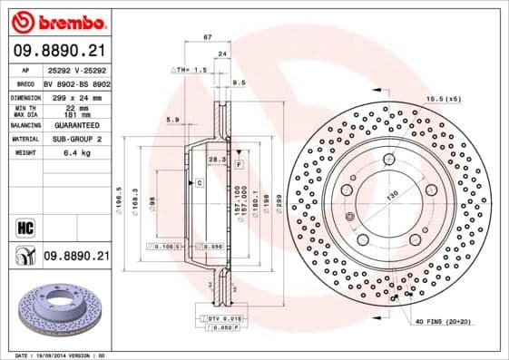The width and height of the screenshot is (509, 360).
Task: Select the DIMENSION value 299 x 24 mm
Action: tap(75, 96)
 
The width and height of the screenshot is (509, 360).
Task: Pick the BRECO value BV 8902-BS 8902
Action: tap(76, 82)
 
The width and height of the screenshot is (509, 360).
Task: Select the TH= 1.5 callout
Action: tap(190, 69)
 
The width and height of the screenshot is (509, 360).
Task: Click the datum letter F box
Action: tap(238, 166)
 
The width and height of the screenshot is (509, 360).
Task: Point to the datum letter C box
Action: tap(199, 183)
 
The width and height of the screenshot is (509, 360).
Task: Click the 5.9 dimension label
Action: tap(173, 118)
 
